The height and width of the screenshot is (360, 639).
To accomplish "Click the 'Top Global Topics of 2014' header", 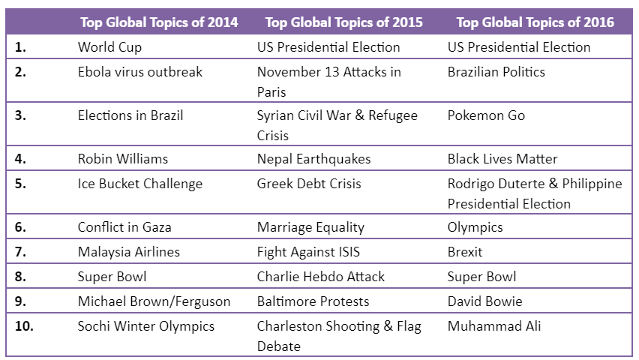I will point(159,22).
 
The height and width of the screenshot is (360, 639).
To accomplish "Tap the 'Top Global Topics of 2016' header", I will point(535,22).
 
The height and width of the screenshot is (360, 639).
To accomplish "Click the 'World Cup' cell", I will point(109,47).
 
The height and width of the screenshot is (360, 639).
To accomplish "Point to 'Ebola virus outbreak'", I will point(140,72).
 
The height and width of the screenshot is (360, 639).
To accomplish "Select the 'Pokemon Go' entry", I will point(486,115).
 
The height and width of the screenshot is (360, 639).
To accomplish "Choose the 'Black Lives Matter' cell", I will point(502,159).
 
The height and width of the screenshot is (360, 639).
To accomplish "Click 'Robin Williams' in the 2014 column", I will point(123,159).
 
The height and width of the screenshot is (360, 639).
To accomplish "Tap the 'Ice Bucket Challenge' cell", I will point(140,184).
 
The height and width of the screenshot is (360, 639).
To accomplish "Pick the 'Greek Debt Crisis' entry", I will point(309,184).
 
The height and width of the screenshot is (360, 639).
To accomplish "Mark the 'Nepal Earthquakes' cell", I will point(313,159).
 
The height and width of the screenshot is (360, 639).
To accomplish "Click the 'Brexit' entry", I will point(465,252).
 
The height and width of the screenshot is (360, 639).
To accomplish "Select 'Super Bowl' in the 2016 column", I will point(481,277).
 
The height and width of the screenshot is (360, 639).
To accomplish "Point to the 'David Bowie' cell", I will point(484,301).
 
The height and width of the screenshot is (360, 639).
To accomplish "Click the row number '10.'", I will point(25,326).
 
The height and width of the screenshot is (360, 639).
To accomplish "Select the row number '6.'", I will point(21,227).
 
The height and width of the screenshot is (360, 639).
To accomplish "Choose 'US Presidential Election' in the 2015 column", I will point(328,47).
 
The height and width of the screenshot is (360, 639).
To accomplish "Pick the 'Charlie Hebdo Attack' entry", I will point(320,277).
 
